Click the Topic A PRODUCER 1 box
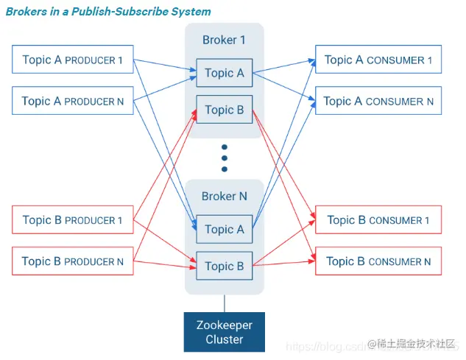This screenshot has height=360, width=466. (73, 60)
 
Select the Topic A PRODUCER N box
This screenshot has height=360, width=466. (73, 101)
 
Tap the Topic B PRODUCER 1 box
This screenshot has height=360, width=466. (73, 219)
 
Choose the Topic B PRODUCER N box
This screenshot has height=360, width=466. (73, 261)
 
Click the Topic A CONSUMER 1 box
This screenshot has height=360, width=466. (378, 60)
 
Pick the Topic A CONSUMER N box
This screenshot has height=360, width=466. (378, 101)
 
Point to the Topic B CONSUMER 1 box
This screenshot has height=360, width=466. (378, 219)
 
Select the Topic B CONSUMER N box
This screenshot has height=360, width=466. (378, 261)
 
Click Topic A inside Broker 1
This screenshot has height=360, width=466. (225, 73)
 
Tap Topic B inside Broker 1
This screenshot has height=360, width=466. (225, 110)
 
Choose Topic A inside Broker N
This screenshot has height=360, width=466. (225, 229)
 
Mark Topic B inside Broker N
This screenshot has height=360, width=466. (225, 266)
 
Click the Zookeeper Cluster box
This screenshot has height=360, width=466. (225, 332)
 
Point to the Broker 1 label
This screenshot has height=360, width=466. (224, 40)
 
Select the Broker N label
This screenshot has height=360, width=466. (224, 197)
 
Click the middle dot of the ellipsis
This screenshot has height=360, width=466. (225, 157)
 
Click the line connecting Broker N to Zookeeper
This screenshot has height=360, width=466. (225, 303)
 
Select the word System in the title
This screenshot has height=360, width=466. (192, 12)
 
